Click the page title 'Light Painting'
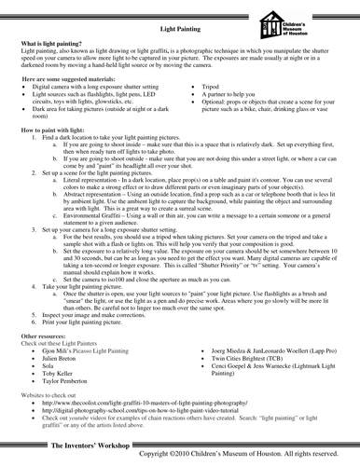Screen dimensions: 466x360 point(180,29)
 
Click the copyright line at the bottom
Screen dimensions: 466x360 point(244,454)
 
